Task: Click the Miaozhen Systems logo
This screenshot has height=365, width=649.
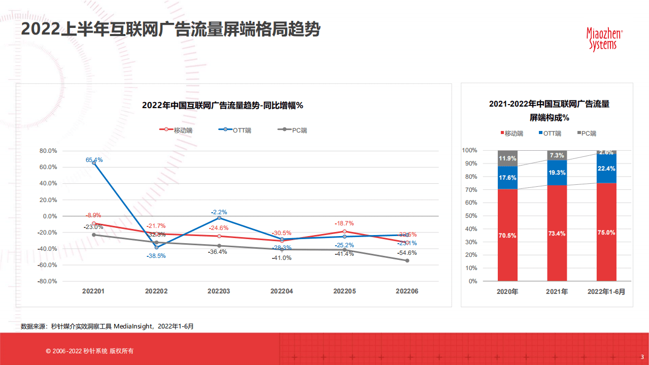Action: pyautogui.click(x=604, y=39)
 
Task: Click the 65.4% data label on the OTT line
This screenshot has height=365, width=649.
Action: pyautogui.click(x=94, y=159)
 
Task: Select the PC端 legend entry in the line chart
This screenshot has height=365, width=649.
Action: pyautogui.click(x=293, y=130)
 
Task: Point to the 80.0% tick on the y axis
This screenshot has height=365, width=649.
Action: pyautogui.click(x=48, y=151)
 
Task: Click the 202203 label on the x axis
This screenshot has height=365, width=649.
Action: pyautogui.click(x=219, y=291)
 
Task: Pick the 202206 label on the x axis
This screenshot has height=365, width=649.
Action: pyautogui.click(x=407, y=291)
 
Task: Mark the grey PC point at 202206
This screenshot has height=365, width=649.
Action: pyautogui.click(x=407, y=260)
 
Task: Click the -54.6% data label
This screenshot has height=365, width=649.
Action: pyautogui.click(x=407, y=253)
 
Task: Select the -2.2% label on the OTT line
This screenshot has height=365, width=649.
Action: pyautogui.click(x=219, y=212)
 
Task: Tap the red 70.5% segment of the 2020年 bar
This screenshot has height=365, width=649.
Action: pyautogui.click(x=507, y=235)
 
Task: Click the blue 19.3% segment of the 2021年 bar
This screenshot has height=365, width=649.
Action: pyautogui.click(x=557, y=173)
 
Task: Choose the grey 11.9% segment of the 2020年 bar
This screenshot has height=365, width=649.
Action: pyautogui.click(x=507, y=158)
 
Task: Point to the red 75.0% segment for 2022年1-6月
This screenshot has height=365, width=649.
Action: pyautogui.click(x=606, y=232)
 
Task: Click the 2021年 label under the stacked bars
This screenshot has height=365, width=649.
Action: pyautogui.click(x=557, y=292)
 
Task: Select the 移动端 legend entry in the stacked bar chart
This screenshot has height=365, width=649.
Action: pyautogui.click(x=511, y=134)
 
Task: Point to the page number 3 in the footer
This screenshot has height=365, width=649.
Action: pyautogui.click(x=642, y=356)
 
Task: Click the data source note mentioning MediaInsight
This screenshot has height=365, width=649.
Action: pyautogui.click(x=107, y=326)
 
